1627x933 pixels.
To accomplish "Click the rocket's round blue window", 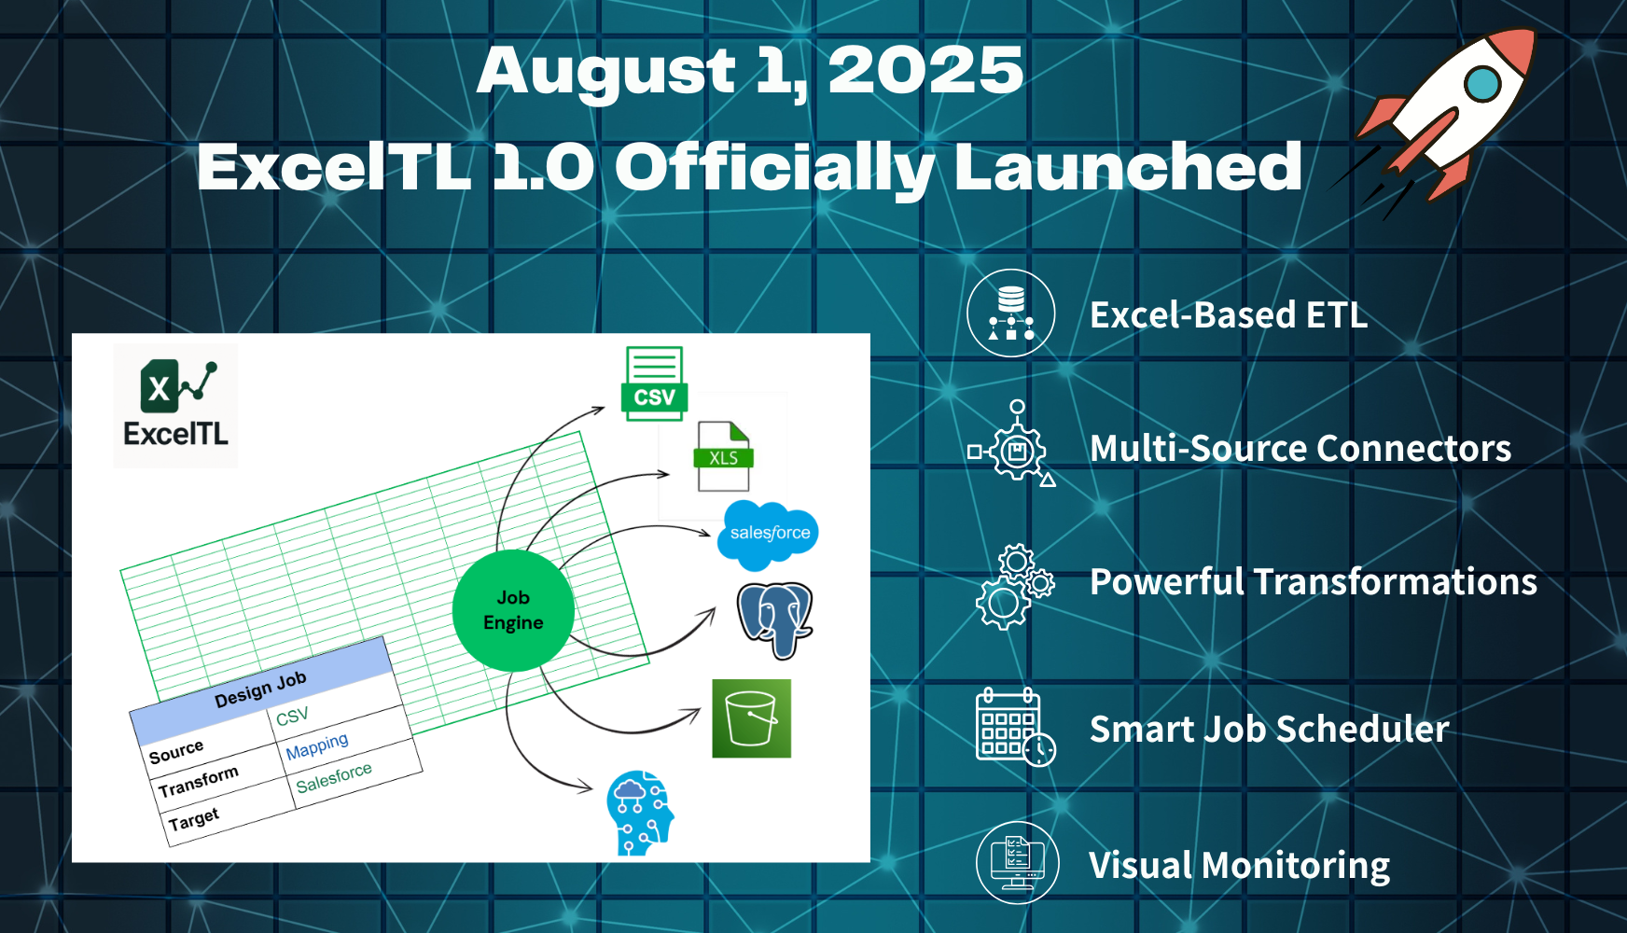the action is pos(1481,84).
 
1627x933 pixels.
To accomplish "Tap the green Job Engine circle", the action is pos(513,610).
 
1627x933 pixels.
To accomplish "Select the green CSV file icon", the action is pos(654,383).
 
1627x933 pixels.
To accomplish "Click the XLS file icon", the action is pos(724,456).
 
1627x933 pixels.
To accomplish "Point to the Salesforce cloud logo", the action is pos(768,535).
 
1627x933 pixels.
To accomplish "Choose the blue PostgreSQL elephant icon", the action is pos(774,620).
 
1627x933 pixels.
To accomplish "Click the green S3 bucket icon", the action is pos(752,718).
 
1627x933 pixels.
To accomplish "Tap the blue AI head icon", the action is pos(640,814).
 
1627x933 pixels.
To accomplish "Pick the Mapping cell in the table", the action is pos(317,746).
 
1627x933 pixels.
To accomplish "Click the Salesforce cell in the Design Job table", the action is pos(334,777).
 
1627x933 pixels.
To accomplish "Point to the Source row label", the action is pos(176,752).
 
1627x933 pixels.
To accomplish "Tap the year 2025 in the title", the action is pos(925,71).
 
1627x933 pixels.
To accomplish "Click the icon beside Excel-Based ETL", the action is pos(1011,313).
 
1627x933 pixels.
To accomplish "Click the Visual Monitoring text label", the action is pos(1240,866).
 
